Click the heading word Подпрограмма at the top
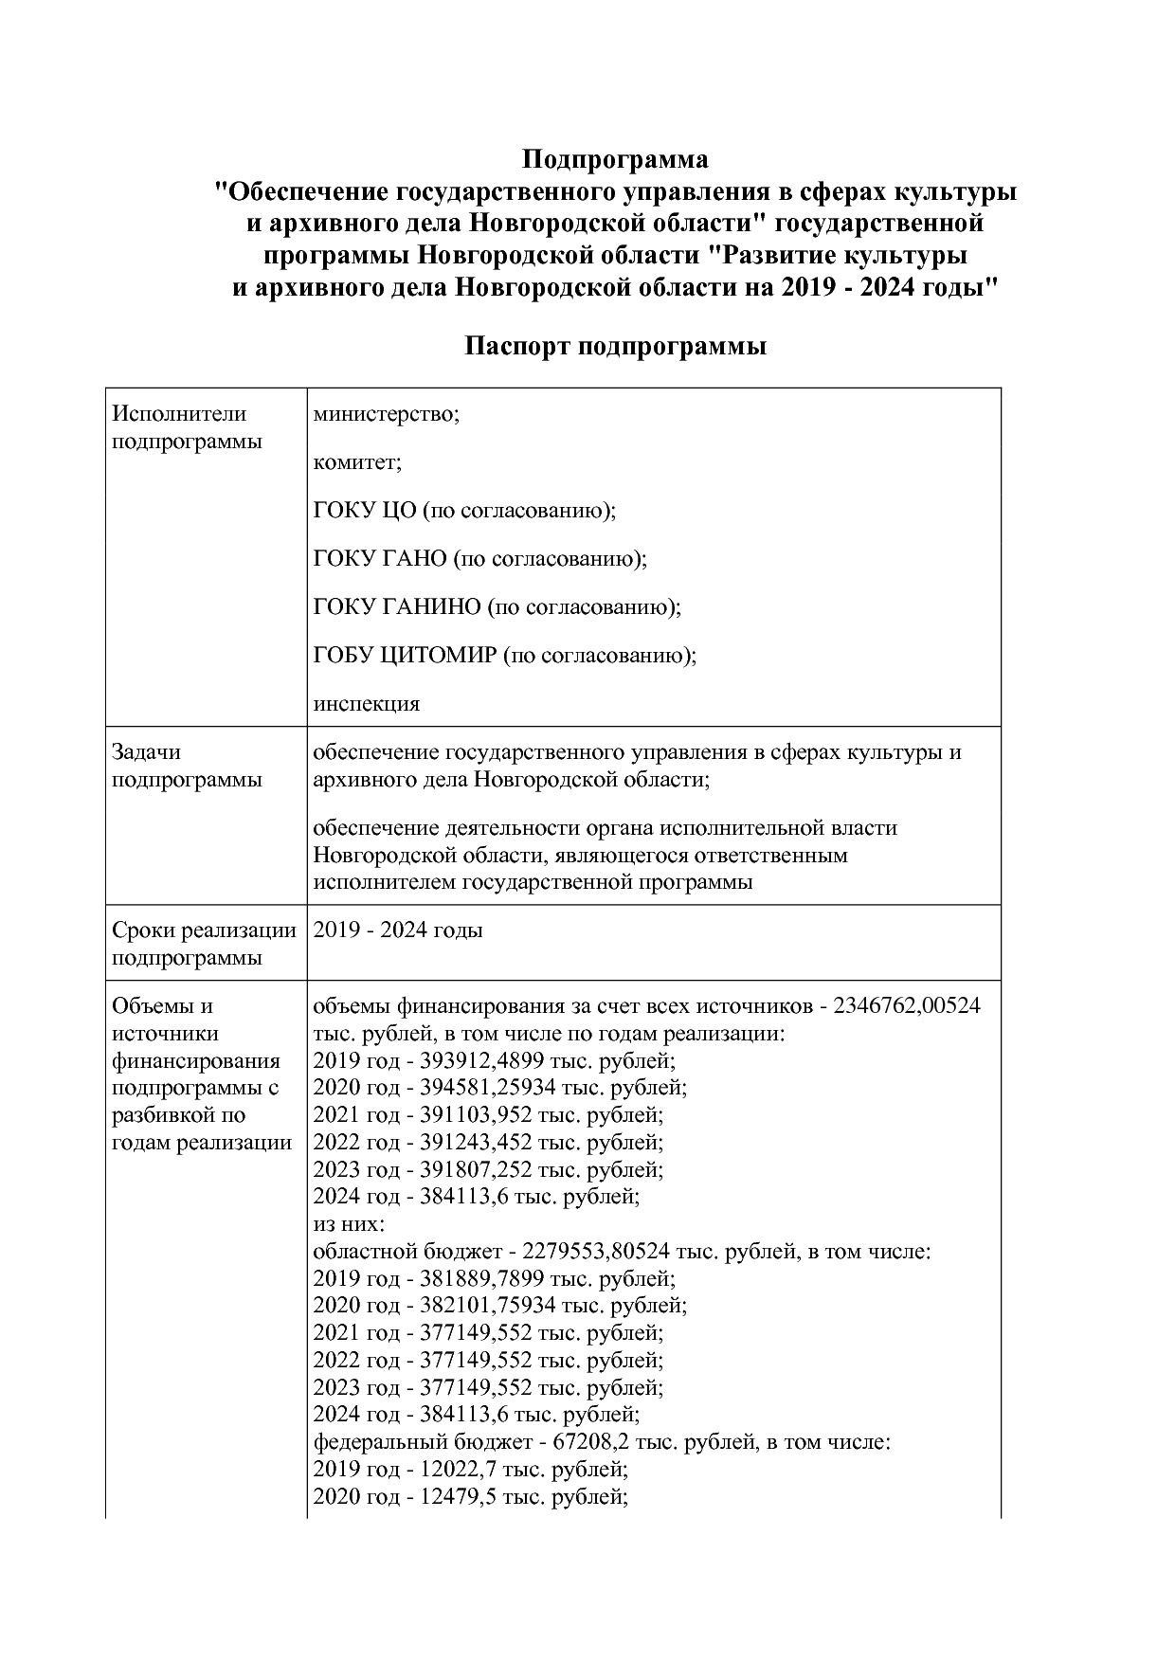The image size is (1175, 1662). (615, 158)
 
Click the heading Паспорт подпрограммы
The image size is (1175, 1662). (615, 347)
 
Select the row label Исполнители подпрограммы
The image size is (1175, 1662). (187, 427)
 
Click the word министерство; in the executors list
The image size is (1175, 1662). (386, 414)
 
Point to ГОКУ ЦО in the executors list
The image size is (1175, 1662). (365, 511)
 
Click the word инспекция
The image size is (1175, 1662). (366, 704)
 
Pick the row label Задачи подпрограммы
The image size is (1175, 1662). (187, 766)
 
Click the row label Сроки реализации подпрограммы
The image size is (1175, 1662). (204, 944)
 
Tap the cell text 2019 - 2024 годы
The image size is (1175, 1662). (398, 930)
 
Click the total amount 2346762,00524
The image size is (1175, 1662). (907, 1005)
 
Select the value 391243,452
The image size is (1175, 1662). (473, 1142)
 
